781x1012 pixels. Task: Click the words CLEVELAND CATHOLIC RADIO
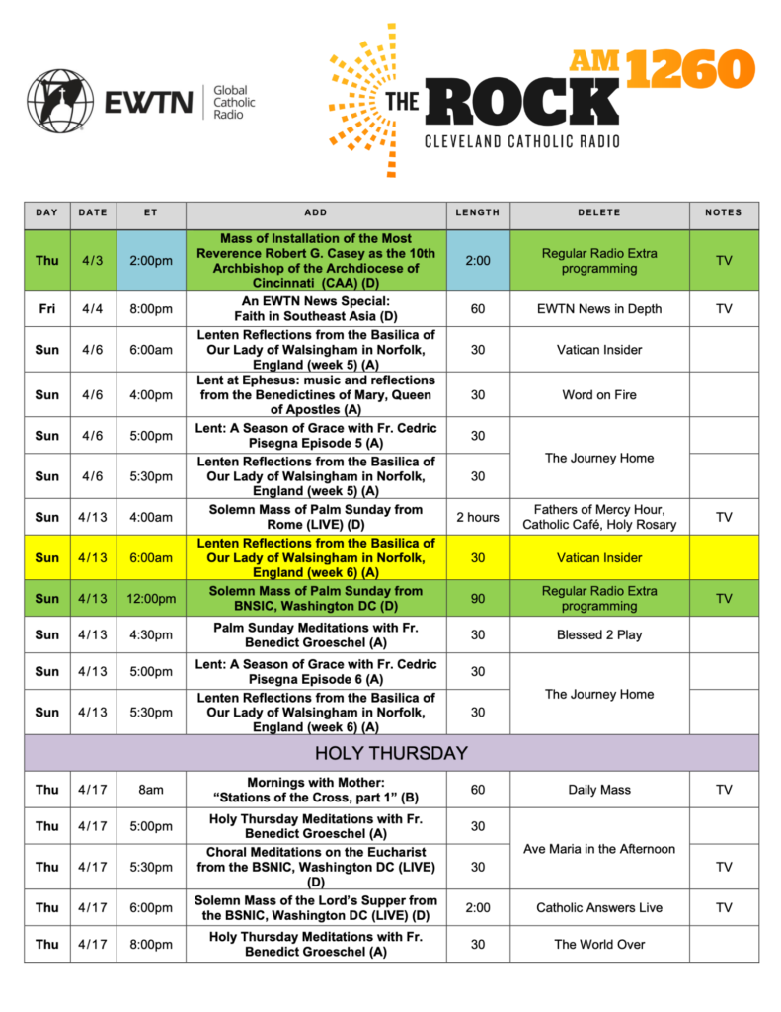522,141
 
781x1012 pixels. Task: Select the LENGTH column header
478,212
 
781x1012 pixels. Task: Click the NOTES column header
724,212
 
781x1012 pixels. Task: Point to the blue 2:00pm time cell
151,261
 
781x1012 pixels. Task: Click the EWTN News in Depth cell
599,309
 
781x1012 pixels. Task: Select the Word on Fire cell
599,395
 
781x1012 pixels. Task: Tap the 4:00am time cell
151,517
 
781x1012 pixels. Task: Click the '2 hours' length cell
478,517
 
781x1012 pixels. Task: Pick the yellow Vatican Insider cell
599,557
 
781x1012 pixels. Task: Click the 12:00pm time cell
151,599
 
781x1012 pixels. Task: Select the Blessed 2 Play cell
599,634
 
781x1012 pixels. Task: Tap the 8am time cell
151,790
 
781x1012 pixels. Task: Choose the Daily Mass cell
599,790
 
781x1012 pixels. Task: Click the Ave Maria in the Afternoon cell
599,849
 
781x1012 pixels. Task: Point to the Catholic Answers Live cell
599,907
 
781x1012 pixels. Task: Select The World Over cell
599,944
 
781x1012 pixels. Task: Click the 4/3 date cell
93,261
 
